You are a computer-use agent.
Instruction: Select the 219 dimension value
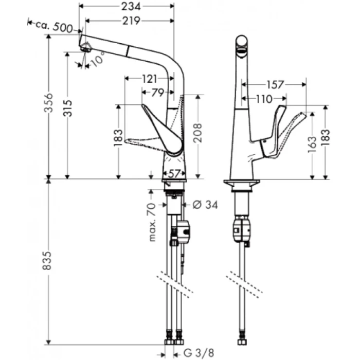[133, 21]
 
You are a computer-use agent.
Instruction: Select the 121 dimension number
[149, 78]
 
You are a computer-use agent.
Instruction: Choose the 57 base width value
[174, 173]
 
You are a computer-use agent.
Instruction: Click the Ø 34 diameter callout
[205, 205]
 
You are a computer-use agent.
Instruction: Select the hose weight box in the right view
[241, 230]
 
